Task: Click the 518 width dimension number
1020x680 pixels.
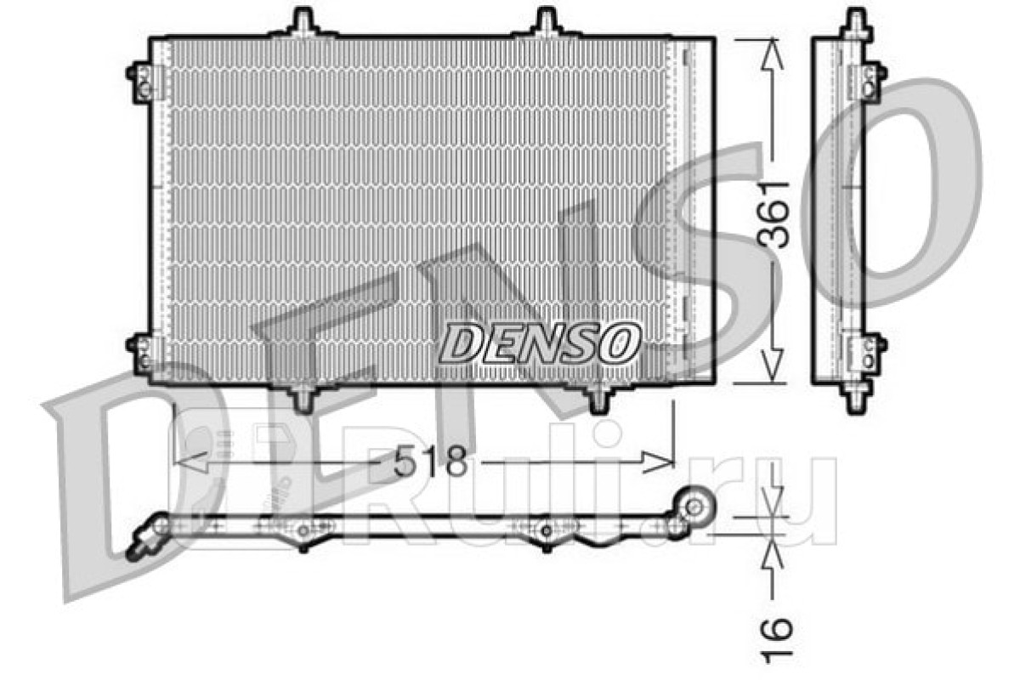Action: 430,461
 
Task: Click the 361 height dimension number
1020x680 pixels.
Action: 773,214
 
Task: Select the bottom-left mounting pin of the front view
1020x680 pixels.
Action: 303,398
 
